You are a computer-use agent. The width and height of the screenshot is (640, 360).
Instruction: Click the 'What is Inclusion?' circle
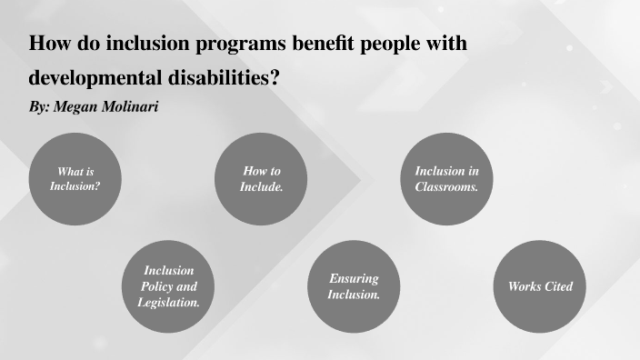(x=75, y=179)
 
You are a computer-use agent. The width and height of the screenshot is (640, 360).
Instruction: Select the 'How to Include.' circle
(x=262, y=179)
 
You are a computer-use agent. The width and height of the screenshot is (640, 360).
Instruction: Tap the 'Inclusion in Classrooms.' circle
(x=447, y=179)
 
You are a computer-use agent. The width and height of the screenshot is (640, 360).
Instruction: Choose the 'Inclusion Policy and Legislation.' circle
(x=169, y=286)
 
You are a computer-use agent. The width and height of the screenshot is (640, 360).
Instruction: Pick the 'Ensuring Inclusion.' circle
(x=354, y=286)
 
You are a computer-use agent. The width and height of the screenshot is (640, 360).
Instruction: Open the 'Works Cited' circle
(x=540, y=286)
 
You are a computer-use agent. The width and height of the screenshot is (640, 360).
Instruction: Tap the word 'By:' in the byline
(x=39, y=106)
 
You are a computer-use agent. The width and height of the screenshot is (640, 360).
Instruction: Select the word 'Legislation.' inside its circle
(x=169, y=302)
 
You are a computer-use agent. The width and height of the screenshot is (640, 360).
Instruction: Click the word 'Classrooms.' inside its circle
(x=447, y=186)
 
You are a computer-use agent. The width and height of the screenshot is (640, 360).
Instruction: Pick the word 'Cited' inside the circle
(x=556, y=286)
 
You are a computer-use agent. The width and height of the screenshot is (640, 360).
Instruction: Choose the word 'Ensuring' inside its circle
(x=354, y=279)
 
